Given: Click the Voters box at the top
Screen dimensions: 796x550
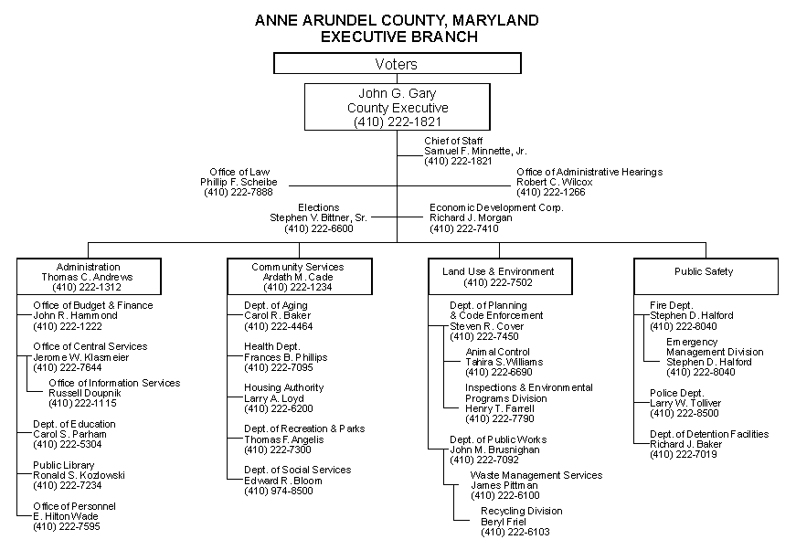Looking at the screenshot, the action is [397, 63].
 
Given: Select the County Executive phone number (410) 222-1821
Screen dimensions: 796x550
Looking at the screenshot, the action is [398, 122].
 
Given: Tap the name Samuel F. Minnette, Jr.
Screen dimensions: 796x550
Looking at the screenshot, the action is [475, 151].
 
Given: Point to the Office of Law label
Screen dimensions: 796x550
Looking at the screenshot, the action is [239, 172].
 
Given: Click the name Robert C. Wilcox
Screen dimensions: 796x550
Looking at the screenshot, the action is [555, 182].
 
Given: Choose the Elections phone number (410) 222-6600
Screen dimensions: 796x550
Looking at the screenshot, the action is [319, 228].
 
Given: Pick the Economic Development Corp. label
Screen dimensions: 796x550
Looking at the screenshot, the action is [496, 207].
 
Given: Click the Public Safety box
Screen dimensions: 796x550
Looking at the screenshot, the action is [706, 277].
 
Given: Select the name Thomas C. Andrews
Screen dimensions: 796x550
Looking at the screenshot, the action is [88, 277].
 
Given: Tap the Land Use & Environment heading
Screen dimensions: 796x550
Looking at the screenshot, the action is [498, 271].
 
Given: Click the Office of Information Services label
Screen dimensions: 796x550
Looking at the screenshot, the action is [114, 383].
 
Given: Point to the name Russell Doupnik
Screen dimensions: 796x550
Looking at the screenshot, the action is [85, 393].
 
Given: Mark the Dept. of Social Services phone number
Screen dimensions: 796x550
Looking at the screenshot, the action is [279, 491].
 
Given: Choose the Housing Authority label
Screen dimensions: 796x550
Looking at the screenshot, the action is [284, 387].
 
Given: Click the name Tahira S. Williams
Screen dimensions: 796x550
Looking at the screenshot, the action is [504, 363].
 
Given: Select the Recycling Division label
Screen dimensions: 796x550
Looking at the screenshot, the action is [521, 511].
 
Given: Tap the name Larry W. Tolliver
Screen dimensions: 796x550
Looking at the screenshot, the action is [685, 404].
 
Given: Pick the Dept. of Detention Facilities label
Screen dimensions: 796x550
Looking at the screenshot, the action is [709, 434].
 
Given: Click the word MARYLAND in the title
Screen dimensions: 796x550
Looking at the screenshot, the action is [495, 20].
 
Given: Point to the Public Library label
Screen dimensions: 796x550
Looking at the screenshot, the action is [63, 465].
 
